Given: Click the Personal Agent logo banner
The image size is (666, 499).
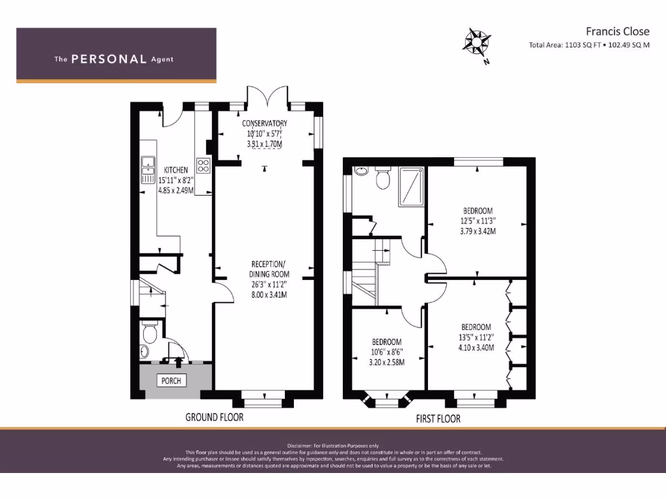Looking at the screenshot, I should coord(116,55).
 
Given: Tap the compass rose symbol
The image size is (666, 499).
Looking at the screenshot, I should coord(476,43).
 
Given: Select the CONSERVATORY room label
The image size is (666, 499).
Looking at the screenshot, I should coord(265,123).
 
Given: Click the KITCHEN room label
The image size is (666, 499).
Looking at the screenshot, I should coord(176,170).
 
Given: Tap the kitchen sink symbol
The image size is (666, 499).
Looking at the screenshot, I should coord(146,170).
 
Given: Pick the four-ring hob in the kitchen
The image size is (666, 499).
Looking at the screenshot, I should coord(204,165).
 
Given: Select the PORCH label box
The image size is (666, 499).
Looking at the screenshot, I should coord(170,380).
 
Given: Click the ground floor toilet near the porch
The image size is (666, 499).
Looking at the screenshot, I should coord(149,333).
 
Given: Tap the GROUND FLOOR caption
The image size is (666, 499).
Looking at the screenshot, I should coord(214,417).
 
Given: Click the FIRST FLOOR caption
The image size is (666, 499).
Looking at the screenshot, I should coord(438,419).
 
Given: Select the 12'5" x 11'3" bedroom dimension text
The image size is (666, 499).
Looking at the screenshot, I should coord(477,221).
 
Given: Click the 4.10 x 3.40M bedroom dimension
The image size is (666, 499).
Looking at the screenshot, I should coord(477,348).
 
